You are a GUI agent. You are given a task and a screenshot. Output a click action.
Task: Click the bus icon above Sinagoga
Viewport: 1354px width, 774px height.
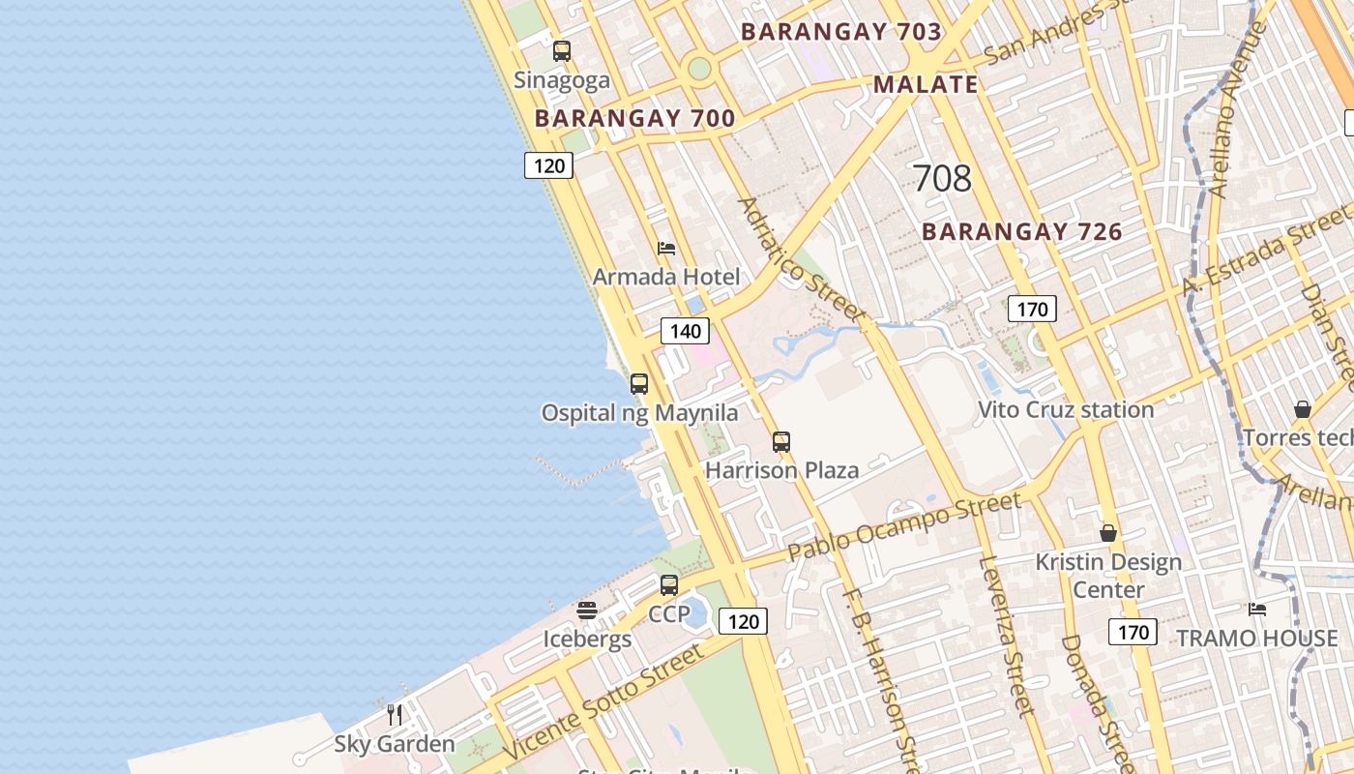click(561, 51)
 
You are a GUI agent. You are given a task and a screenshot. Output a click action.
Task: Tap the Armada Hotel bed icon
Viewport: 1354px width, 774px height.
click(666, 249)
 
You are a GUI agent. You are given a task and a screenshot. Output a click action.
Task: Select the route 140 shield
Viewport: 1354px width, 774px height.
click(685, 331)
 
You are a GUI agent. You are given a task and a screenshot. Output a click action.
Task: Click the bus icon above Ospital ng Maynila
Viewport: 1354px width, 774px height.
click(639, 384)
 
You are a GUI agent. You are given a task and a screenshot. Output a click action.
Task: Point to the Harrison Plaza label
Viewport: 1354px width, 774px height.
click(781, 471)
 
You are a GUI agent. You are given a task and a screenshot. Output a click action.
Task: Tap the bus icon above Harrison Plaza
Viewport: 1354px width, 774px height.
click(781, 442)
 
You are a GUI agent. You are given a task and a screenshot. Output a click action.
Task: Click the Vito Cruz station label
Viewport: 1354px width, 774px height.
click(1066, 410)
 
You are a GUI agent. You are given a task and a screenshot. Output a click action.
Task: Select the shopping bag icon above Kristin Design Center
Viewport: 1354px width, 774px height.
click(1108, 533)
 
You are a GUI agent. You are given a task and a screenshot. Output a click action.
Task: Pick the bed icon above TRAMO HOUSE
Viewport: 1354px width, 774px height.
click(1257, 610)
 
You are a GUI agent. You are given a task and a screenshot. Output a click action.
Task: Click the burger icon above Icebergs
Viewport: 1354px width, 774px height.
click(587, 610)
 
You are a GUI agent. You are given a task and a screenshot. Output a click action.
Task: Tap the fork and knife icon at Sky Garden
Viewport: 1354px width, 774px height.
click(395, 715)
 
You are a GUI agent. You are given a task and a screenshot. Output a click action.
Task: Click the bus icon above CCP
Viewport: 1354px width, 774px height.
click(669, 585)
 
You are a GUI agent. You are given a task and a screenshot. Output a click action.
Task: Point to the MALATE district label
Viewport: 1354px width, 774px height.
click(926, 84)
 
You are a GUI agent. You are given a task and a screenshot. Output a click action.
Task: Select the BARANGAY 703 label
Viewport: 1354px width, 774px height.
click(840, 32)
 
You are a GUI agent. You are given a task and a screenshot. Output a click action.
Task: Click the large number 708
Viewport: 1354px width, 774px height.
click(941, 178)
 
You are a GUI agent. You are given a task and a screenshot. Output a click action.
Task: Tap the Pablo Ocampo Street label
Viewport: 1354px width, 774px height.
click(903, 526)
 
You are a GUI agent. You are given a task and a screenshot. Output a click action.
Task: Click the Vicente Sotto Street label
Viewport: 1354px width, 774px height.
click(603, 702)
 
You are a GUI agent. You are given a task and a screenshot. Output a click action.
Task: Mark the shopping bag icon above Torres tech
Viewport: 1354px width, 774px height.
click(1303, 409)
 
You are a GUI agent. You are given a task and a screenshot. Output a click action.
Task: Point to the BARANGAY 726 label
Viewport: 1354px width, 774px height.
click(1021, 232)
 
